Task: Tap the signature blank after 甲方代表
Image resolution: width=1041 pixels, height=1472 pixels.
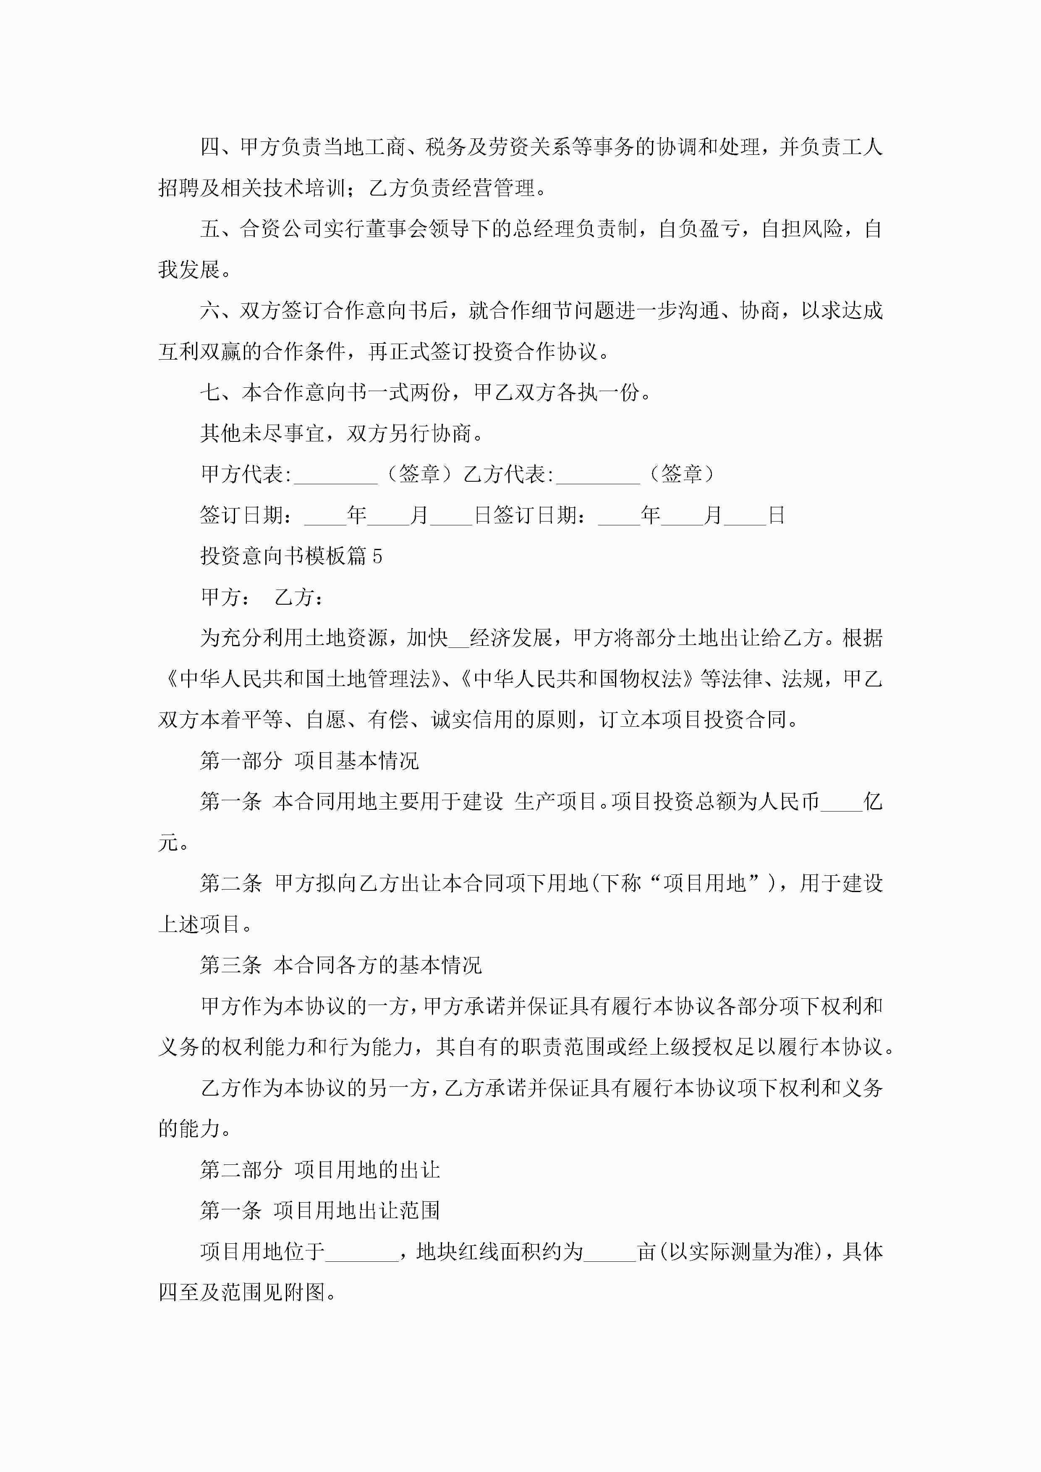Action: pyautogui.click(x=335, y=475)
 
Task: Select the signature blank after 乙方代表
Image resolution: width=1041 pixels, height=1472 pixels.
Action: pyautogui.click(x=598, y=475)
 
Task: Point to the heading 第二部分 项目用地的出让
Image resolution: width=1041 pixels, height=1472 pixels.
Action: pyautogui.click(x=319, y=1170)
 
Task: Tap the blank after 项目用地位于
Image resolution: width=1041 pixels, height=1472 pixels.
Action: pyautogui.click(x=362, y=1252)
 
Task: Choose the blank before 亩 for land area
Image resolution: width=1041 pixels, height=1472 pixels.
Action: pyautogui.click(x=609, y=1252)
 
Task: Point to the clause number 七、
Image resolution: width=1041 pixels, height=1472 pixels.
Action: pyautogui.click(x=220, y=392)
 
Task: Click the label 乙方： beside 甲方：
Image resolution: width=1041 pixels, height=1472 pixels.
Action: pyautogui.click(x=299, y=598)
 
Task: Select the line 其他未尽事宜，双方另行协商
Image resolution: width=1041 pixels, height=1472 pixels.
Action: pyautogui.click(x=341, y=433)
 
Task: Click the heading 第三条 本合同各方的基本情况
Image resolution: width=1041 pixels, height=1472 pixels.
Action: pyautogui.click(x=340, y=966)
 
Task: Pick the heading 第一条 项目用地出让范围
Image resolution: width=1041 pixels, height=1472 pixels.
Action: pyautogui.click(x=319, y=1211)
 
